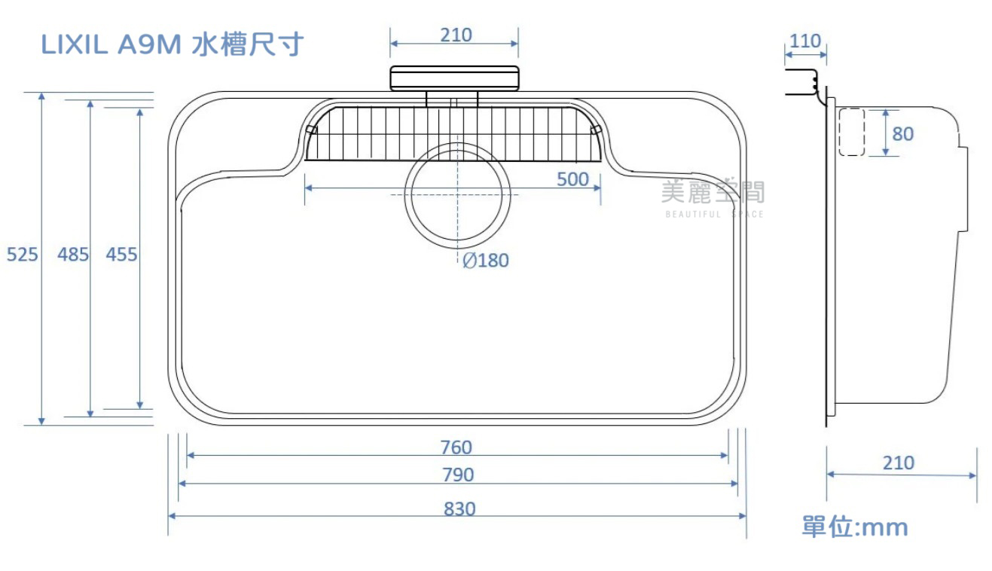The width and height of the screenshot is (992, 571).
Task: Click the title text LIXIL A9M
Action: click(x=111, y=44)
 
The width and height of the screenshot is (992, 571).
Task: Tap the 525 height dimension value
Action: click(x=22, y=255)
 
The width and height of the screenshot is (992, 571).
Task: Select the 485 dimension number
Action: click(x=73, y=255)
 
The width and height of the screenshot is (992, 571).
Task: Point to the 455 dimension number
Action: click(x=121, y=255)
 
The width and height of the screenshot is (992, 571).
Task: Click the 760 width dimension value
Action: click(x=456, y=447)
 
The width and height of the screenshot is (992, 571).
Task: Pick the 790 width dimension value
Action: click(x=459, y=475)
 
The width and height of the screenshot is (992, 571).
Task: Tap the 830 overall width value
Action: click(x=459, y=509)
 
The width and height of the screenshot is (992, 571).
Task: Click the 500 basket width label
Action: click(x=572, y=179)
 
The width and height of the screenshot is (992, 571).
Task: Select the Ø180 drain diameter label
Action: click(x=486, y=261)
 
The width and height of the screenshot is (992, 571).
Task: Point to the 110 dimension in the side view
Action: click(x=805, y=41)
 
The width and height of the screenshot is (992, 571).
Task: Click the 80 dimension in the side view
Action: click(x=902, y=134)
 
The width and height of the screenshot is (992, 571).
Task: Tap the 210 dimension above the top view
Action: click(x=456, y=35)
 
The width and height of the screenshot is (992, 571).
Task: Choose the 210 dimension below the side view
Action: click(x=899, y=463)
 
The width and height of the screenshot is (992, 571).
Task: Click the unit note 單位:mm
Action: click(x=855, y=527)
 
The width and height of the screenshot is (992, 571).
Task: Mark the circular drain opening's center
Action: click(x=457, y=195)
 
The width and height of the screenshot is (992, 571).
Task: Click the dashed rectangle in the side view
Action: click(x=852, y=132)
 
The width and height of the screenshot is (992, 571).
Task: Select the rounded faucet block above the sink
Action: click(x=454, y=78)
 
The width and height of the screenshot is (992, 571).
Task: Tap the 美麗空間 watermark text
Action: click(x=713, y=191)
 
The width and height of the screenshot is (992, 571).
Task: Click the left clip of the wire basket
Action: click(x=311, y=130)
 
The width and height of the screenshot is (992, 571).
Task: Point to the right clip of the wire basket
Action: click(x=596, y=130)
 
